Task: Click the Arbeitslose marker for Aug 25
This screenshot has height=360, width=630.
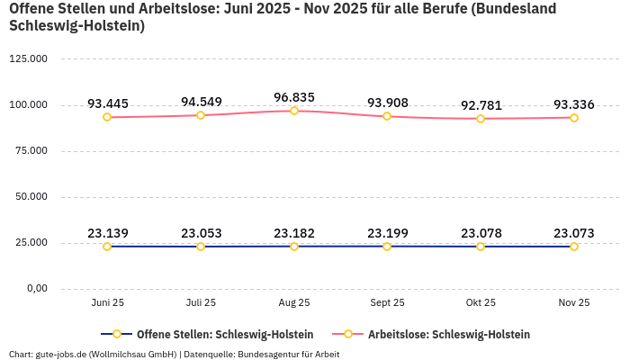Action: tap(294, 111)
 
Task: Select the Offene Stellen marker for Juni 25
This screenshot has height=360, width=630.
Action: tap(107, 247)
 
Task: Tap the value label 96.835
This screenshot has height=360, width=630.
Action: tap(294, 96)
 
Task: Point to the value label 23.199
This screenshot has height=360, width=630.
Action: tap(387, 233)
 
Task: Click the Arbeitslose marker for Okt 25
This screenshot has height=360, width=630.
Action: tap(481, 119)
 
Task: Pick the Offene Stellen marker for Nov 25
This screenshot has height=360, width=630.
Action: tap(574, 247)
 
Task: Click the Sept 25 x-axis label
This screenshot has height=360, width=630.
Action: tap(387, 302)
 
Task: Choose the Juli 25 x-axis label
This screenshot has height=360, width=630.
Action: tap(201, 302)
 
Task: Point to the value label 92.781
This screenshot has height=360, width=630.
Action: tap(481, 105)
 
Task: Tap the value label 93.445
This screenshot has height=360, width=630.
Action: tap(107, 103)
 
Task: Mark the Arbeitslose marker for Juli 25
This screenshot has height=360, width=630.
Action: tap(201, 115)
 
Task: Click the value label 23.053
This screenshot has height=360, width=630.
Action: tap(201, 233)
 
